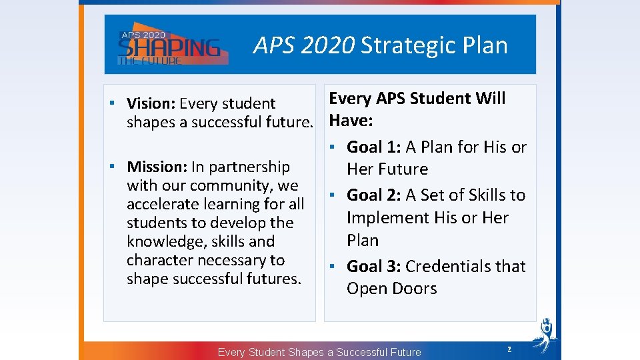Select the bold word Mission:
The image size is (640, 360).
[x=157, y=167]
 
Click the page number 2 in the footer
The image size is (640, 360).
[x=509, y=349]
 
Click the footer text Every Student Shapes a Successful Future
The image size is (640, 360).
[x=319, y=352]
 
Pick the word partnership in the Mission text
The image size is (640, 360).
[x=250, y=167]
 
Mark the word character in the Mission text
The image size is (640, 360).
[x=157, y=260]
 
